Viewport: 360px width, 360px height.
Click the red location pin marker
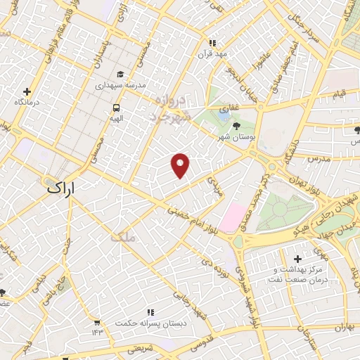click(181, 165)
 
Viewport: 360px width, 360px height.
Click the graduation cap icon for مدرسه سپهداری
click(120, 74)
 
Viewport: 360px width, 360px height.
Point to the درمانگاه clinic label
click(26, 103)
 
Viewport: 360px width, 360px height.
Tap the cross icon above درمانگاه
click(27, 91)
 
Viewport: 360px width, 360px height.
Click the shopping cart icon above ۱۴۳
click(96, 322)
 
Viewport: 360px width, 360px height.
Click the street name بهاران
click(342, 328)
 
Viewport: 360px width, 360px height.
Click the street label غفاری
click(226, 109)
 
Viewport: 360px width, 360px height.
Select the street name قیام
click(338, 94)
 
